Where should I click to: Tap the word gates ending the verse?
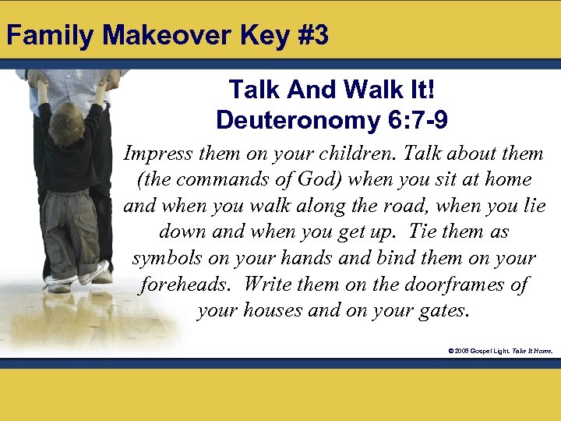tap(445, 310)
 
